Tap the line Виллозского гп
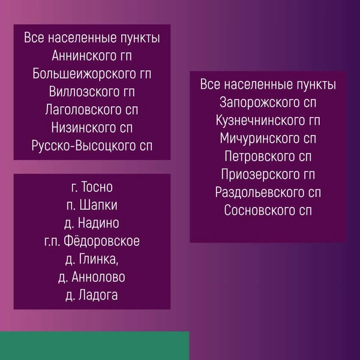pyautogui.click(x=92, y=92)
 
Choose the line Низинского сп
pyautogui.click(x=92, y=128)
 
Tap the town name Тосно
pyautogui.click(x=98, y=188)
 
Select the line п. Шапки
pyautogui.click(x=92, y=206)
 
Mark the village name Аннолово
pyautogui.click(x=98, y=277)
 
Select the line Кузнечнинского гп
pyautogui.click(x=268, y=120)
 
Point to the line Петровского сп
pyautogui.click(x=268, y=157)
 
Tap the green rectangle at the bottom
pyautogui.click(x=94, y=346)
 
